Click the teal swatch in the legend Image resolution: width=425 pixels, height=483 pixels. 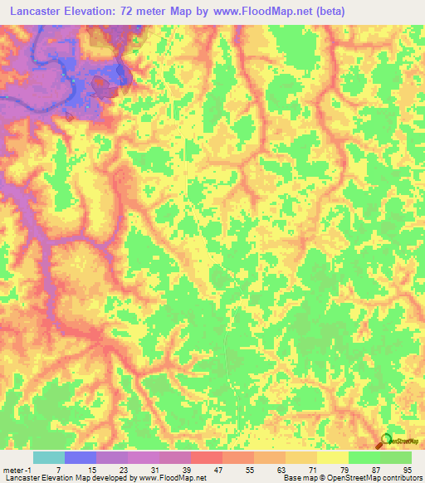pos(49,458)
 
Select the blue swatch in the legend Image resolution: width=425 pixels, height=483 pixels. pos(81,458)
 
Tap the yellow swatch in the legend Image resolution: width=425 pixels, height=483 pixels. pos(333,458)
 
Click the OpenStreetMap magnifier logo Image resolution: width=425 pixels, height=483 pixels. pos(386,440)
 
